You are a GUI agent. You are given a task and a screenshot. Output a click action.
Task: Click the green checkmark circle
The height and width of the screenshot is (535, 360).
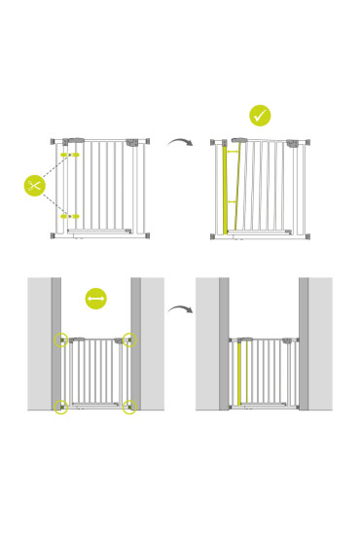pyautogui.click(x=260, y=116)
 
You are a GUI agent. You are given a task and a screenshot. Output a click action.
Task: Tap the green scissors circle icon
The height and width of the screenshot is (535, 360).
pyautogui.click(x=35, y=185)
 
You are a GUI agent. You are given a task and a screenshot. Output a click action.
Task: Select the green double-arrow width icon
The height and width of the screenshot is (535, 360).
pyautogui.click(x=95, y=299)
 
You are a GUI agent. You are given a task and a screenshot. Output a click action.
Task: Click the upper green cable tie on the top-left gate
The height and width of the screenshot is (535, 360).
pyautogui.click(x=71, y=155)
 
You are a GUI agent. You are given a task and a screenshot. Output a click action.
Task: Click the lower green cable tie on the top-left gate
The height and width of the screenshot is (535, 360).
pyautogui.click(x=70, y=216)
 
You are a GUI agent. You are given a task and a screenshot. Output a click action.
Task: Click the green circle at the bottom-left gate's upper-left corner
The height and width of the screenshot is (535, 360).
pyautogui.click(x=61, y=340)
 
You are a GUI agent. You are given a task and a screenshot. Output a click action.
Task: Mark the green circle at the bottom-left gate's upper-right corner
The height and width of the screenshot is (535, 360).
pyautogui.click(x=129, y=340)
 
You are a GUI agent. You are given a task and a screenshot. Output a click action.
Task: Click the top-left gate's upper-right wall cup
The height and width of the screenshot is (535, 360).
pyautogui.click(x=147, y=141)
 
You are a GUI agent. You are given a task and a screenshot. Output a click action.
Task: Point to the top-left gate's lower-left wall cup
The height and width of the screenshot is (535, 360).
pyautogui.click(x=53, y=235)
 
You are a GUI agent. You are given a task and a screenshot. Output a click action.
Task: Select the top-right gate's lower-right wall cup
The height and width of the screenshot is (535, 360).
pyautogui.click(x=307, y=235)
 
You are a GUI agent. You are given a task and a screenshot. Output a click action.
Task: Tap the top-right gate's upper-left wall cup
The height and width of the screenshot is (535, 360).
pyautogui.click(x=212, y=142)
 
